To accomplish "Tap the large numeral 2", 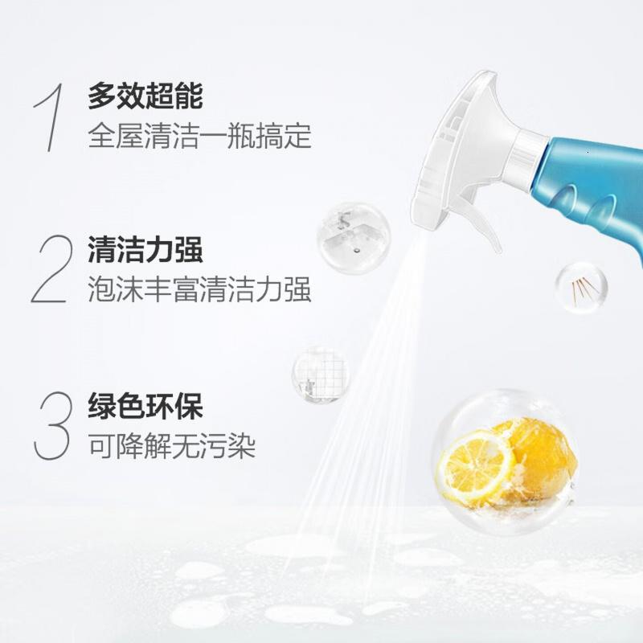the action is point(50,268).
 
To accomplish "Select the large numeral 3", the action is point(51,425).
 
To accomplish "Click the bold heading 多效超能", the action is point(145,96).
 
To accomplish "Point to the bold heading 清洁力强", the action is point(145,249).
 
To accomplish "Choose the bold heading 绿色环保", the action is point(145,406).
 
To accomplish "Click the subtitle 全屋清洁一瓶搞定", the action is point(199,136).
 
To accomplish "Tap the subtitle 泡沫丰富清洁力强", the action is point(199,289).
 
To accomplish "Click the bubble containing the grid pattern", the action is point(321,375).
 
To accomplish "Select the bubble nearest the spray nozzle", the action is point(354,238).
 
